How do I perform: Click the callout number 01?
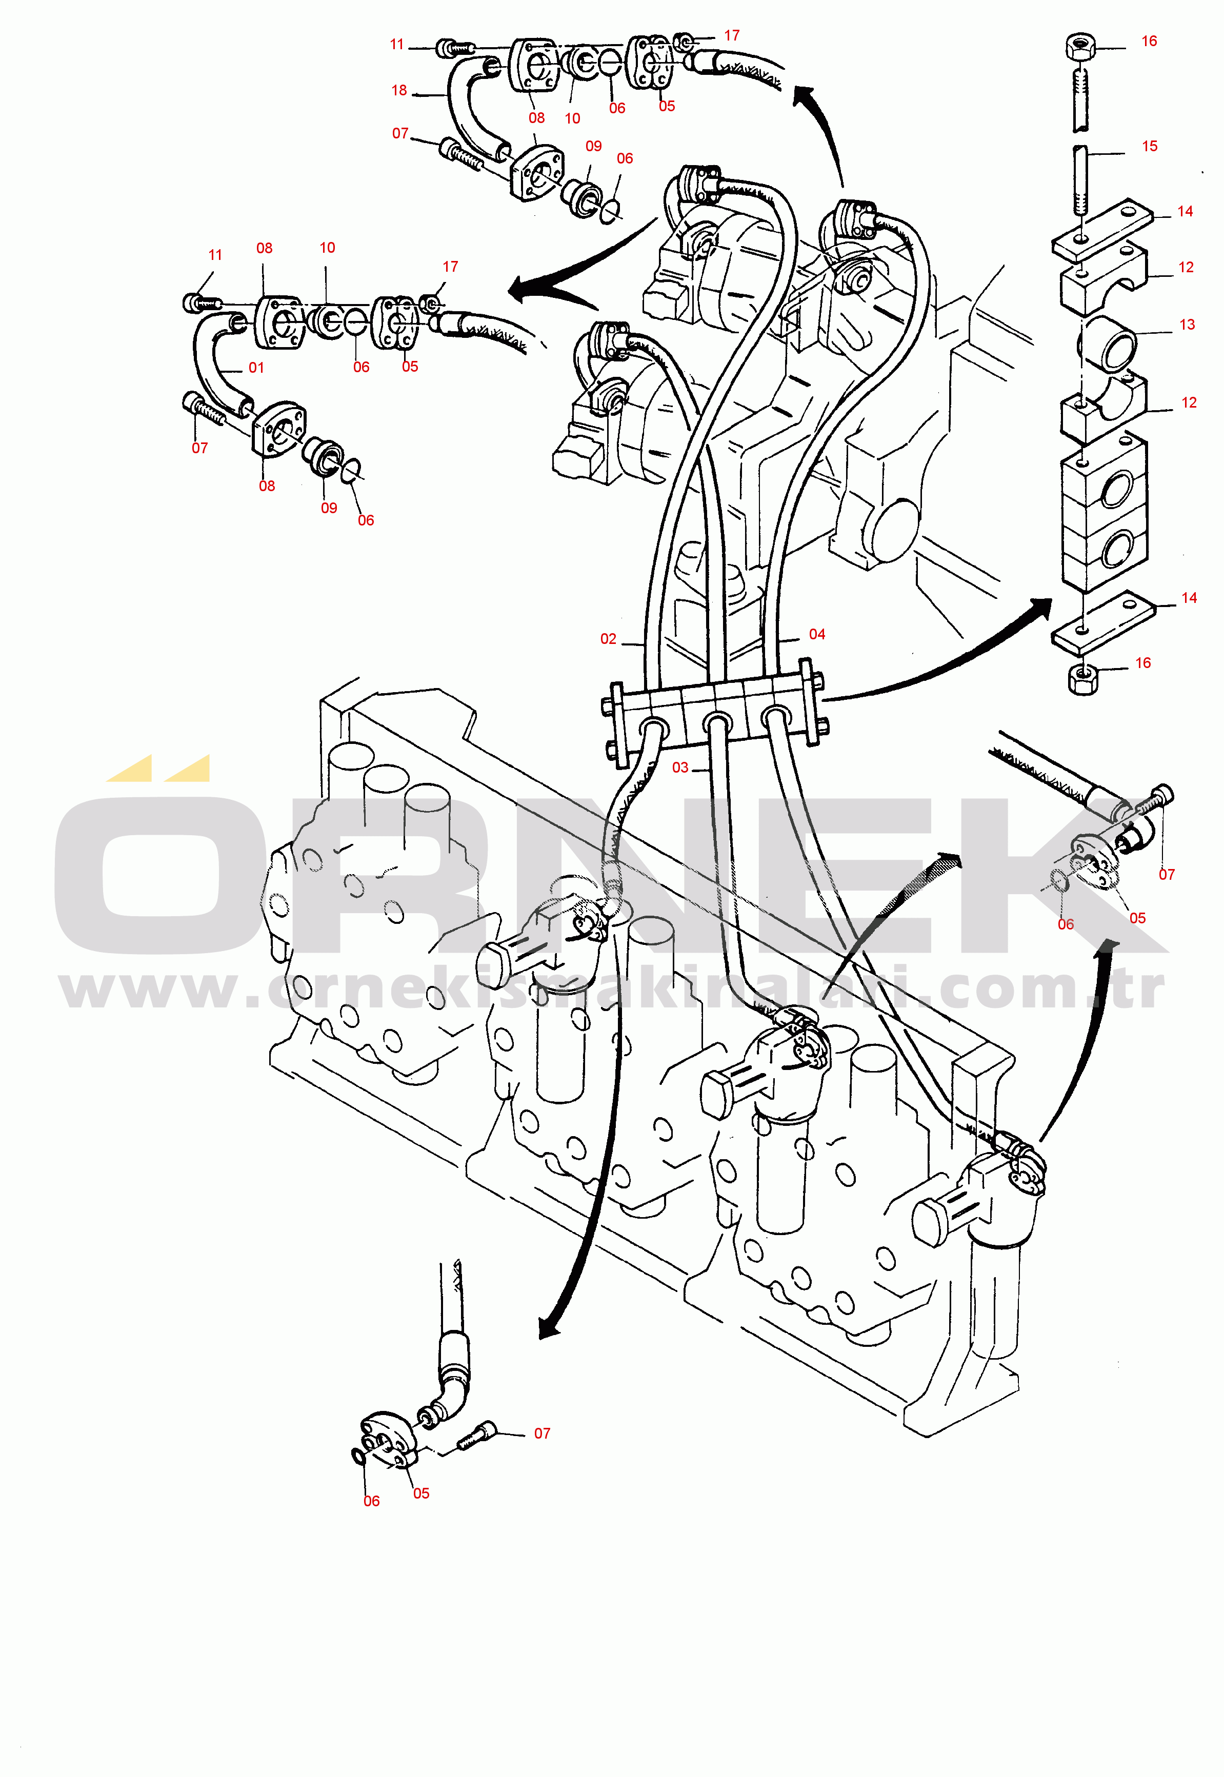click(x=256, y=368)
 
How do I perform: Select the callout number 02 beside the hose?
click(x=608, y=639)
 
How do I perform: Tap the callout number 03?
click(x=680, y=768)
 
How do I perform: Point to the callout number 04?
click(x=817, y=634)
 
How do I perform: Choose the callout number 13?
click(x=1187, y=324)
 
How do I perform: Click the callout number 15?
click(x=1150, y=146)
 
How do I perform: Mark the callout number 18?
click(x=399, y=90)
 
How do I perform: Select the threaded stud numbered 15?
click(x=1080, y=180)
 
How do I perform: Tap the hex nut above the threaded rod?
click(x=1080, y=48)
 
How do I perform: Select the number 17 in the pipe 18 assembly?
click(x=732, y=35)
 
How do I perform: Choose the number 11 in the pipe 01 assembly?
click(x=215, y=254)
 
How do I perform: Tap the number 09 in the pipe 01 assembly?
click(x=329, y=508)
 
